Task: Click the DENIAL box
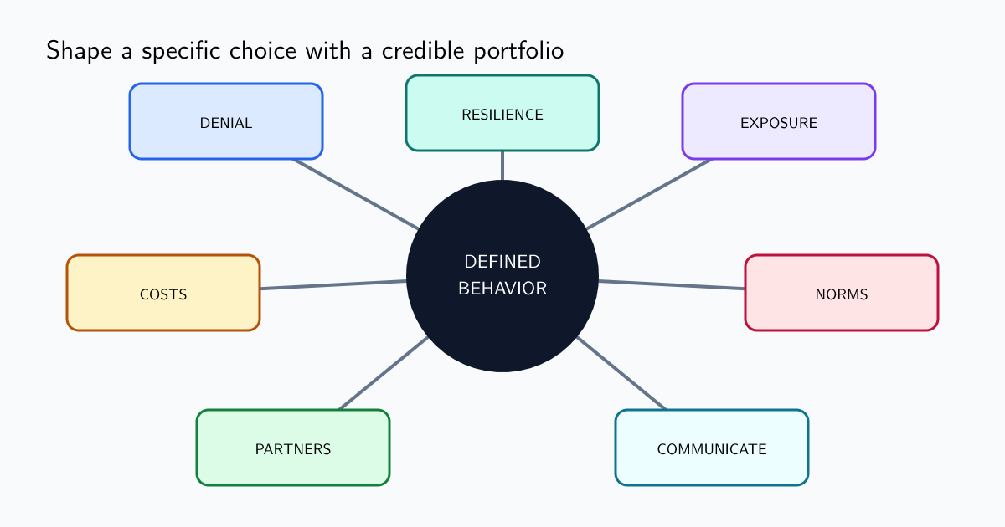click(x=226, y=121)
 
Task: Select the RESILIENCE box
click(x=502, y=113)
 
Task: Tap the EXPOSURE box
click(x=779, y=121)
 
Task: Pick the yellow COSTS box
click(x=163, y=293)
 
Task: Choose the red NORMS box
click(x=842, y=293)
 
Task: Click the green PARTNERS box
click(x=293, y=448)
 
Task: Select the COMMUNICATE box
click(x=712, y=448)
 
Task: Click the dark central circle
click(x=502, y=276)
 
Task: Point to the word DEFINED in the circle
click(x=502, y=262)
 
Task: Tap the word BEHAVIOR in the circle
click(x=502, y=289)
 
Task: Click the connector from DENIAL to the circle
click(x=356, y=194)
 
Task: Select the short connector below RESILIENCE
click(x=502, y=166)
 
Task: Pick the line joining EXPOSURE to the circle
click(x=649, y=194)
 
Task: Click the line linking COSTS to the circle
click(x=333, y=284)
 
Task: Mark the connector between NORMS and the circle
click(x=672, y=284)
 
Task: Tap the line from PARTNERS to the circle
click(x=384, y=373)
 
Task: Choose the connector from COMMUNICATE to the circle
click(x=621, y=373)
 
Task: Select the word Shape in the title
click(x=79, y=50)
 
